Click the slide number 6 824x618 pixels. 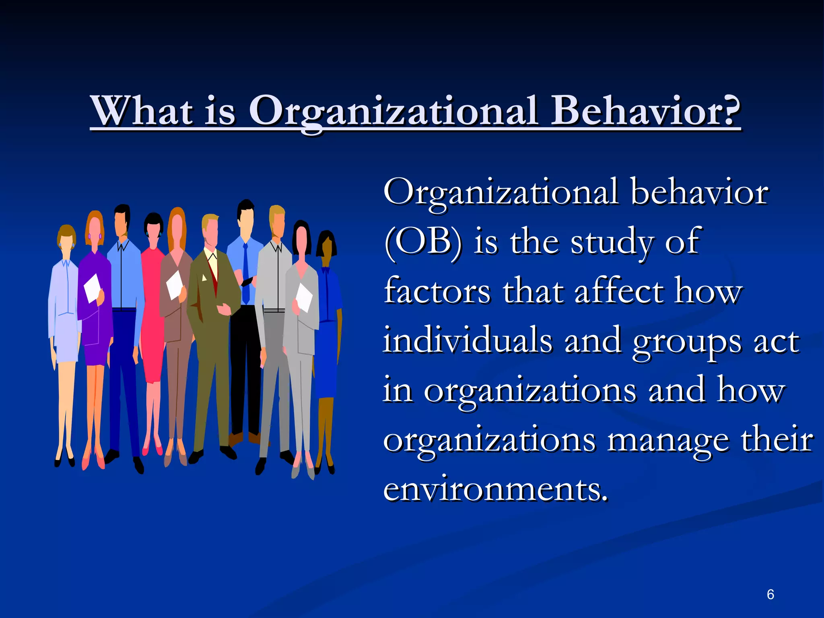click(x=770, y=594)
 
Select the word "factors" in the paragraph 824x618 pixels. click(x=437, y=291)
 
